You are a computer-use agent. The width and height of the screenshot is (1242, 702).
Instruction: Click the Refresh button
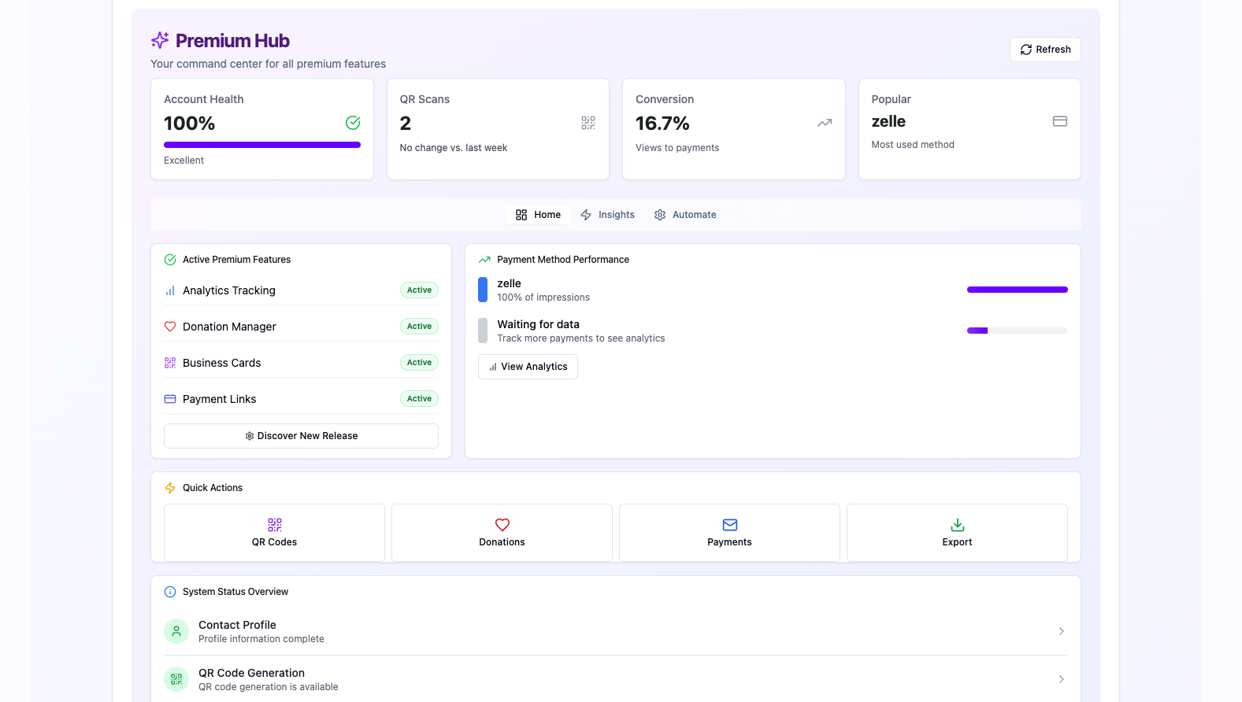(1045, 50)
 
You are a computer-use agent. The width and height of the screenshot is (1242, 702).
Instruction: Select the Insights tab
(607, 215)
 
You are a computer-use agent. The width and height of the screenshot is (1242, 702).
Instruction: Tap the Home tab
(538, 215)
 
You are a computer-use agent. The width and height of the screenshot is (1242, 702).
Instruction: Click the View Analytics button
(528, 367)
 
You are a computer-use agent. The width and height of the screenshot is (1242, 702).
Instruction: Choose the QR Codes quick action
(274, 533)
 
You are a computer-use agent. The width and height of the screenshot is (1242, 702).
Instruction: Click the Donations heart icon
(502, 525)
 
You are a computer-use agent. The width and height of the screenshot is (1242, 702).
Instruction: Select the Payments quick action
(729, 533)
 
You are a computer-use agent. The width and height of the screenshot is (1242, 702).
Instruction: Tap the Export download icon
(957, 525)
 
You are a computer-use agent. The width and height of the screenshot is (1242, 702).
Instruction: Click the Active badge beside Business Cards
(419, 363)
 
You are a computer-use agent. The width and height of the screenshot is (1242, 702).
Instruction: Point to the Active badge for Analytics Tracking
(419, 290)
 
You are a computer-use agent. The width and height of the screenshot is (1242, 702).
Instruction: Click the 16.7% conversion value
(662, 124)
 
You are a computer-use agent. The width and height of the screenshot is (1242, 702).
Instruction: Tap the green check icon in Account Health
(353, 123)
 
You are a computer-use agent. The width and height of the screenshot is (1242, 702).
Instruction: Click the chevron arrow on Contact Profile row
(1061, 631)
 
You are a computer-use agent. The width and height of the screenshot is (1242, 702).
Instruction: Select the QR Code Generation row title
(251, 673)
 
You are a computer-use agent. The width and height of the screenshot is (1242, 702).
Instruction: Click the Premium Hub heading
(232, 41)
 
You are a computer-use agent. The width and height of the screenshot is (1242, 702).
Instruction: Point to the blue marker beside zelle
(483, 290)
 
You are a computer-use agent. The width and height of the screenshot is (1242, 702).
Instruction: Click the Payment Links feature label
(219, 399)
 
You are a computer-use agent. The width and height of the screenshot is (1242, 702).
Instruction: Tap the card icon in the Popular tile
(1059, 121)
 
